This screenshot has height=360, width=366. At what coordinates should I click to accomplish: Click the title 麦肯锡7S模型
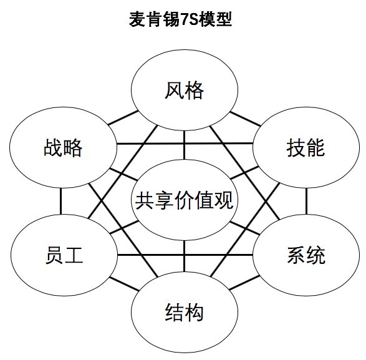(x=180, y=19)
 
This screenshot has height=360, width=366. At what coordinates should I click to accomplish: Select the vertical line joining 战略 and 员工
(x=60, y=201)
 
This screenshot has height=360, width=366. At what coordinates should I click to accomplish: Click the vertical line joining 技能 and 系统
(x=306, y=201)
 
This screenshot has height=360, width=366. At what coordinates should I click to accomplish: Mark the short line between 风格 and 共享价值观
(x=184, y=145)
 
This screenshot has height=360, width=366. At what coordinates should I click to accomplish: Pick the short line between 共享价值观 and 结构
(x=184, y=256)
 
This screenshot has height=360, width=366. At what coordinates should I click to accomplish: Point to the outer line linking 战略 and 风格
(x=123, y=118)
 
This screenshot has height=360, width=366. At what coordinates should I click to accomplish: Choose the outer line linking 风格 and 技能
(x=245, y=119)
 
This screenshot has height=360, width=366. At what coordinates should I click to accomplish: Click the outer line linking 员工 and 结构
(x=125, y=284)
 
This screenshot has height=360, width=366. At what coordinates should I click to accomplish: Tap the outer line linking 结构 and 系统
(x=244, y=283)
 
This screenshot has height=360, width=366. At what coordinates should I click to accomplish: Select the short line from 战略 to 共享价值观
(x=123, y=174)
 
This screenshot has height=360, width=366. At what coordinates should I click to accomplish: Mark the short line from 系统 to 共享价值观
(x=244, y=228)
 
